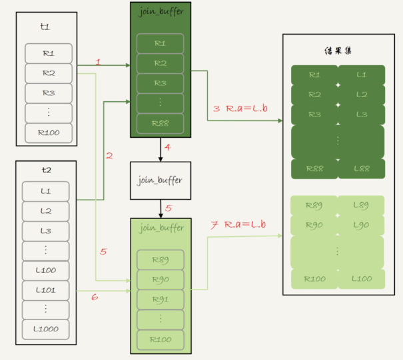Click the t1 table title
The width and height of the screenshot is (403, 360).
(x=46, y=28)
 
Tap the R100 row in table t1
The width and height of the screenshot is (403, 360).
(x=49, y=132)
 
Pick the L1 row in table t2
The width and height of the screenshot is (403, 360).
(x=46, y=191)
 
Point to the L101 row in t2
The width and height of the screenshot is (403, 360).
(x=46, y=290)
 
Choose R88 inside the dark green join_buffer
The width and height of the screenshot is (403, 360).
(x=160, y=123)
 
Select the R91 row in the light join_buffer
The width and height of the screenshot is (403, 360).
(x=160, y=299)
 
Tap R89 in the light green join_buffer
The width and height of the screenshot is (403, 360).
(x=160, y=259)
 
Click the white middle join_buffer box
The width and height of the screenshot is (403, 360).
(x=161, y=180)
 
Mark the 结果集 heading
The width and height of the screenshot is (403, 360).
(x=338, y=51)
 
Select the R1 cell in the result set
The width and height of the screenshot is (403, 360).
(x=314, y=75)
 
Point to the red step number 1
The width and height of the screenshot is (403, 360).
(x=98, y=62)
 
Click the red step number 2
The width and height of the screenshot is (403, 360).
(x=109, y=156)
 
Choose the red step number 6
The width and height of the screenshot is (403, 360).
(x=94, y=297)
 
